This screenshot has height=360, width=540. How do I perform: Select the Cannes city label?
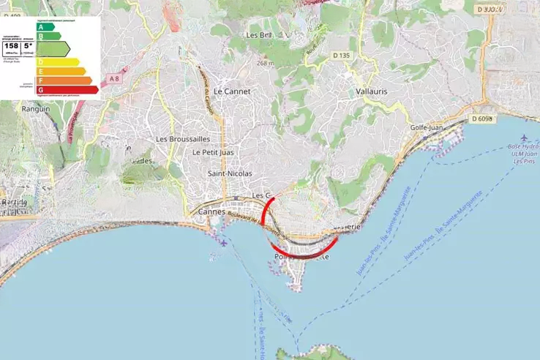click(212, 211)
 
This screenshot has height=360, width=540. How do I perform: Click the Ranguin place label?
click(36, 108)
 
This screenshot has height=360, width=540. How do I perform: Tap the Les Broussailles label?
click(183, 139)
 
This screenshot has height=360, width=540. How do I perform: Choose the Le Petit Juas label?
click(211, 152)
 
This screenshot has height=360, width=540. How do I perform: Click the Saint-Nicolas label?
click(230, 173)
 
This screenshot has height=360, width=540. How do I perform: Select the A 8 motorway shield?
click(113, 78)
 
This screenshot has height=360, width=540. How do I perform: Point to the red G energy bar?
click(67, 89)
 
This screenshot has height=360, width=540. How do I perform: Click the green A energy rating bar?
click(45, 26)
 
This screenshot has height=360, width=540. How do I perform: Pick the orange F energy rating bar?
click(64, 80)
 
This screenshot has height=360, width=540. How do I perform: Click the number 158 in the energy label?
click(12, 45)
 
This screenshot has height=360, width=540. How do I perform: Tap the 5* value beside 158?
click(28, 45)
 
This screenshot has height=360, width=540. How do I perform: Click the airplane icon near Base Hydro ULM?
click(526, 139)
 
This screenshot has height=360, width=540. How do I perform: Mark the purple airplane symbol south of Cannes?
click(222, 242)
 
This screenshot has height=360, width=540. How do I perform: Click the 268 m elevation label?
click(265, 63)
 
